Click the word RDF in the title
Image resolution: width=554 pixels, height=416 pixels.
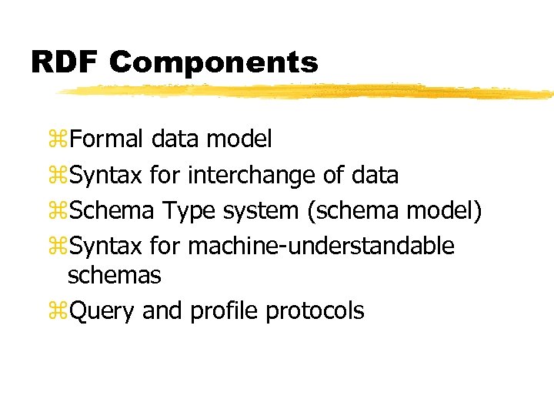(65, 62)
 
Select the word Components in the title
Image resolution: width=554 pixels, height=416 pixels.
(213, 62)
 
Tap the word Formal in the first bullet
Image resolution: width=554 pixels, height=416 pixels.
(106, 139)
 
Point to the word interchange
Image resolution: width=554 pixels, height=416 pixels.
(252, 176)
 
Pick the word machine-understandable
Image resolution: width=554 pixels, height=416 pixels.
(321, 247)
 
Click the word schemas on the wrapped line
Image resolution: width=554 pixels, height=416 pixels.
(114, 274)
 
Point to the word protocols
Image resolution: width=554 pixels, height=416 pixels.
(315, 311)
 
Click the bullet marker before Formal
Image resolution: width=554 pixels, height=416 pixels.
(58, 139)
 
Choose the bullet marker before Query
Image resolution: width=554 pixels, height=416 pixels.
(58, 312)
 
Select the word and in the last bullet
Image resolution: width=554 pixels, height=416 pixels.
(162, 311)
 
